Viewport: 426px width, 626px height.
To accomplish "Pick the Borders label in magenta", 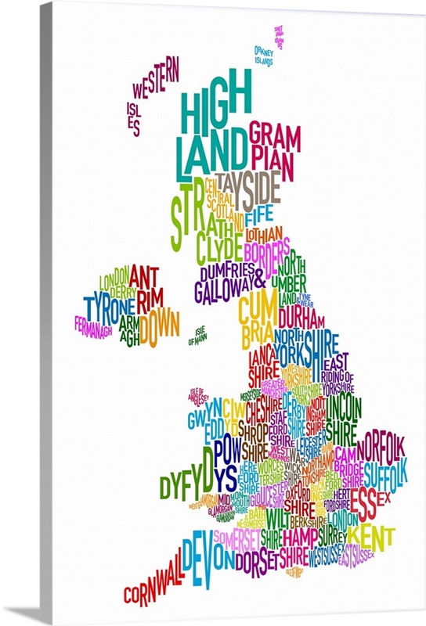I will point(266,253).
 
